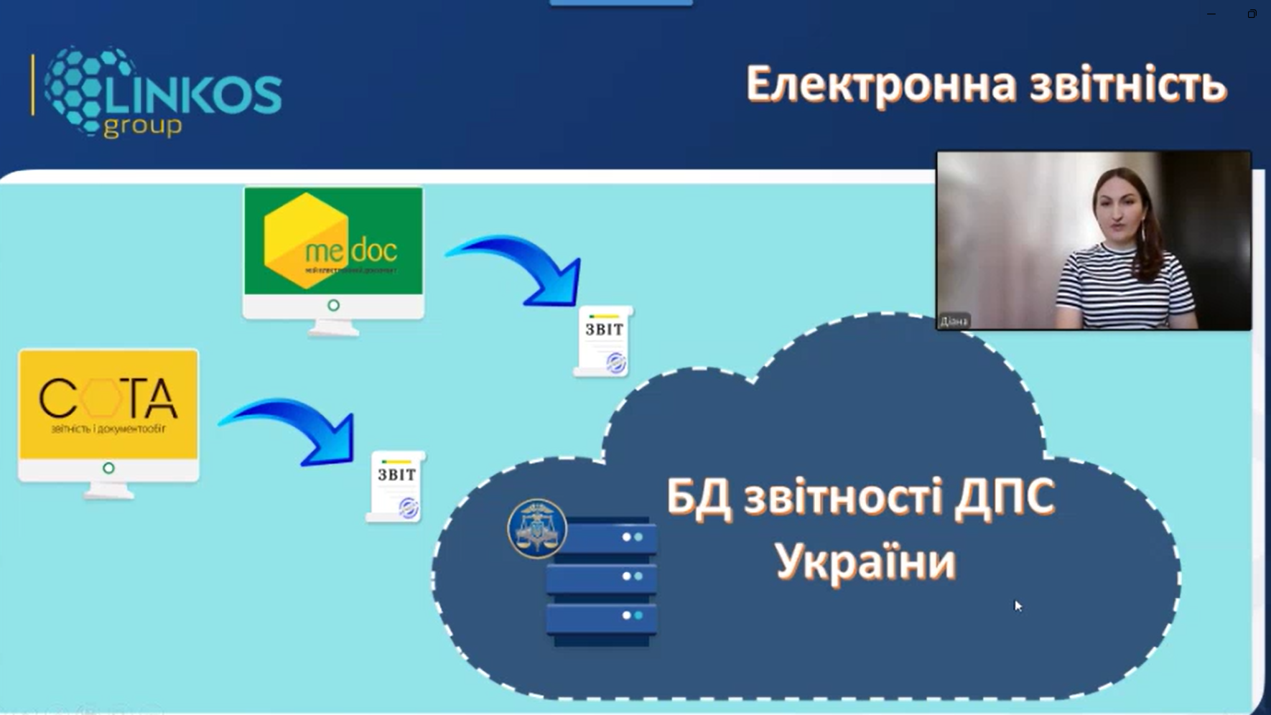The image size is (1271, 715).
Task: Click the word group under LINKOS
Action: [x=143, y=126]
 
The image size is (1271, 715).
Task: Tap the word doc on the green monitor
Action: [x=373, y=251]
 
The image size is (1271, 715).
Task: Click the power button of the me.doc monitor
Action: [x=333, y=305]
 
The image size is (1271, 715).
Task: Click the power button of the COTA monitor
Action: [x=108, y=468]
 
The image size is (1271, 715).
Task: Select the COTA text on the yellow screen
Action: [x=108, y=398]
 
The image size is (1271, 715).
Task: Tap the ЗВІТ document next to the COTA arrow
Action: [x=396, y=486]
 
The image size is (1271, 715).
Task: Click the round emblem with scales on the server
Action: [x=536, y=529]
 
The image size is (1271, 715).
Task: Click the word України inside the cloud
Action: [x=865, y=561]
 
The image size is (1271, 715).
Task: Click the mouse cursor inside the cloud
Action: [x=1017, y=605]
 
